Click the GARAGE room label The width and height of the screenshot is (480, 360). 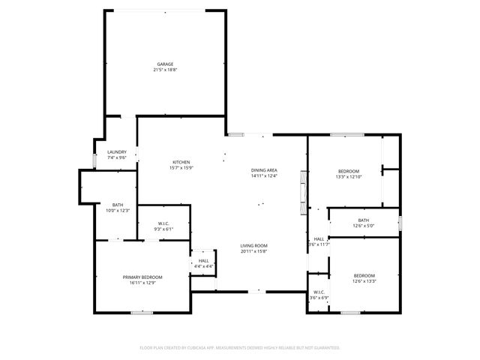(x=166, y=64)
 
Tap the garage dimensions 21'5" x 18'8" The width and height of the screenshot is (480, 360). (x=166, y=70)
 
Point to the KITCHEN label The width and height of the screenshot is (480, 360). (x=181, y=163)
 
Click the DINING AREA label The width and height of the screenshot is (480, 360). (x=264, y=171)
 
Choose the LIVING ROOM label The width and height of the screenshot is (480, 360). (x=253, y=246)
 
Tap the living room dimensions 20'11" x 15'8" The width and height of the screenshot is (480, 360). (x=253, y=251)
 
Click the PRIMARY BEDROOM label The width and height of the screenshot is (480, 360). (x=142, y=277)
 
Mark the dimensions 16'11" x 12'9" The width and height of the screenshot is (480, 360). (x=142, y=283)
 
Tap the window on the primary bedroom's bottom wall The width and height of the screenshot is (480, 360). (x=137, y=313)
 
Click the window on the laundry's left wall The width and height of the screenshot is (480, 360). (x=94, y=160)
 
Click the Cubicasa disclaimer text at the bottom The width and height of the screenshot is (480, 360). (x=240, y=348)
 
